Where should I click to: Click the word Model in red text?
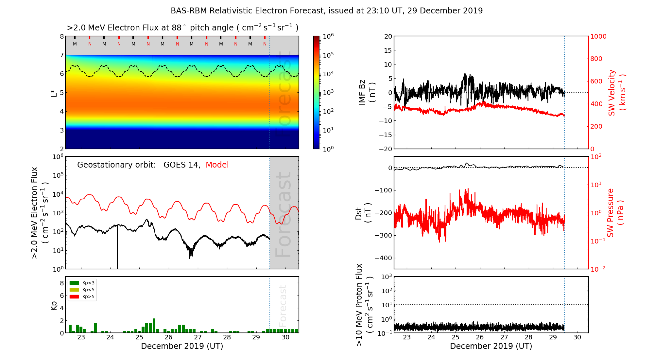[217, 165]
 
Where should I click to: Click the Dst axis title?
[363, 213]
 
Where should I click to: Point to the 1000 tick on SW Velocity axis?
[598, 37]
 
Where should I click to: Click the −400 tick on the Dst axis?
[383, 258]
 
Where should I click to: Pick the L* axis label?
[54, 92]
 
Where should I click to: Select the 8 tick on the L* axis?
[62, 37]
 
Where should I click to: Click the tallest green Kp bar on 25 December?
[154, 325]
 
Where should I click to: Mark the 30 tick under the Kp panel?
[285, 337]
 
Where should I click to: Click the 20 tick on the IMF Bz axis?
[388, 37]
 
